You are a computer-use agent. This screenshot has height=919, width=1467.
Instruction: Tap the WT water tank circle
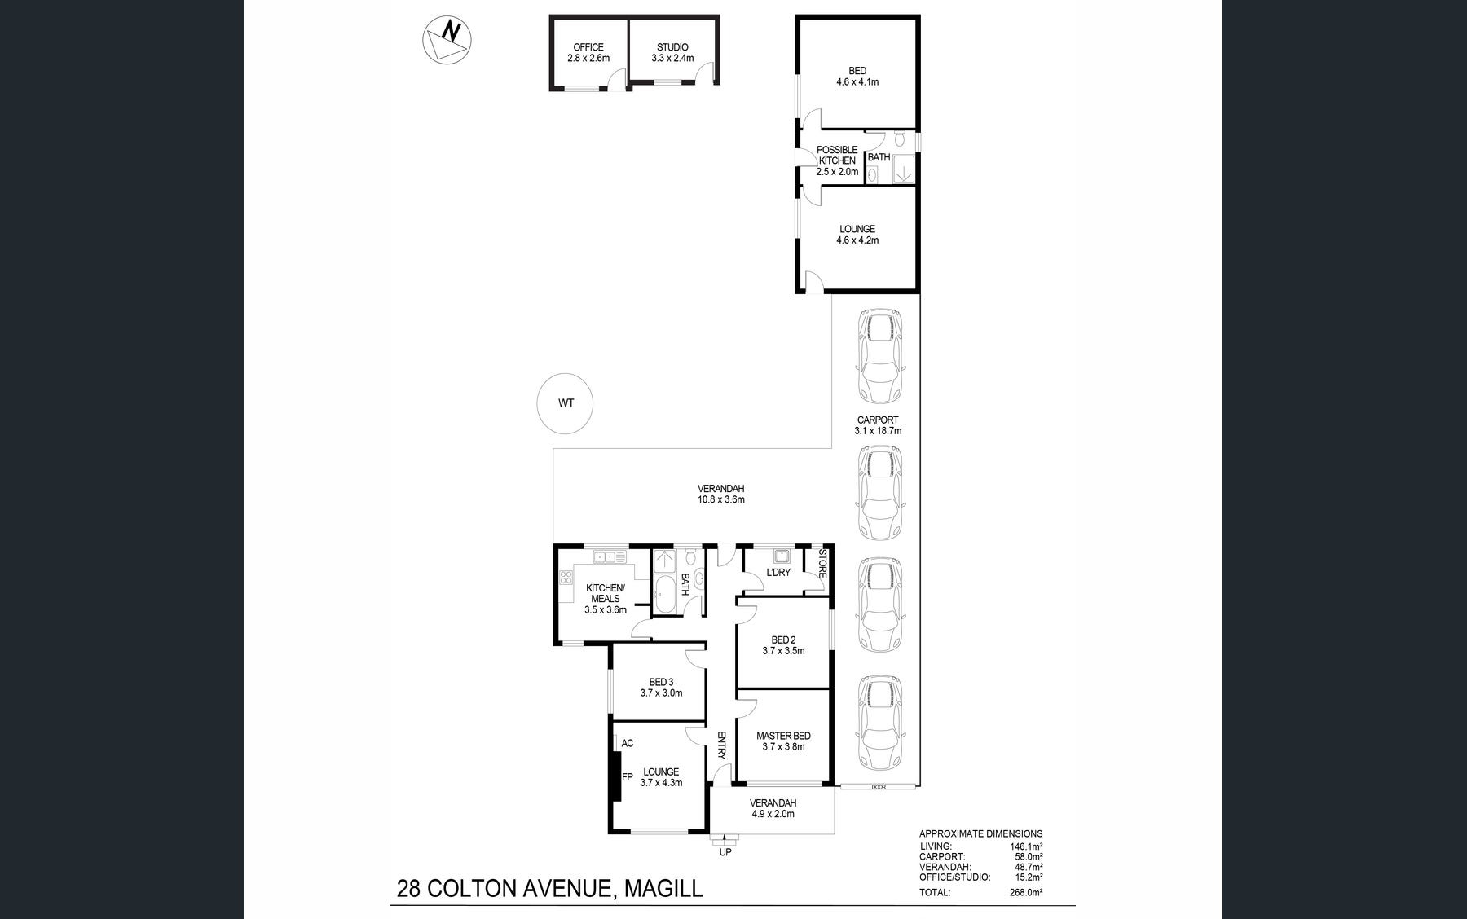[x=565, y=403]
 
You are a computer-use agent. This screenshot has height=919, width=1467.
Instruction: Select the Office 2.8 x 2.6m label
[x=588, y=53]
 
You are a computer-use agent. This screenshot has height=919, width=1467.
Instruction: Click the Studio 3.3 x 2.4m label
[x=672, y=53]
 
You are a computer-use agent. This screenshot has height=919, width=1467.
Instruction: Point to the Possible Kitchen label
[x=837, y=160]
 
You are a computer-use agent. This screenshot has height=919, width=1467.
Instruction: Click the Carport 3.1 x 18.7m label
[x=878, y=425]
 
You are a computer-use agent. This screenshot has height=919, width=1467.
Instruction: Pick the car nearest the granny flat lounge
[x=879, y=356]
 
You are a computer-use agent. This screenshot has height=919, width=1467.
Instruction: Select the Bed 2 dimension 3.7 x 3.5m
[x=783, y=651]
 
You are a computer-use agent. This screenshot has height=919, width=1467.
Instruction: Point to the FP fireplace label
[x=628, y=777]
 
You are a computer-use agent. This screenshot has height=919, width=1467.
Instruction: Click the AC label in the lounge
[x=628, y=743]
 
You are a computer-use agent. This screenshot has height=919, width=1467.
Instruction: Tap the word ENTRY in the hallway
[x=721, y=745]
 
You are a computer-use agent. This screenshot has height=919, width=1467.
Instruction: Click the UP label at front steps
[x=725, y=852]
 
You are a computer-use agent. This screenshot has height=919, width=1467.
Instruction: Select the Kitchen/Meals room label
[x=606, y=593]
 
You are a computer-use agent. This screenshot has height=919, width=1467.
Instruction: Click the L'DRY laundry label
[x=778, y=573]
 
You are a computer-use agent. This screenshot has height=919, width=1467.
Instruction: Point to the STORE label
[x=822, y=564]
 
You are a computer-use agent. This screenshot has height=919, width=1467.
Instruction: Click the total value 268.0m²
[x=1025, y=892]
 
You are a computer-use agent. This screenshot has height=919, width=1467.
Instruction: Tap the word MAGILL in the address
[x=663, y=887]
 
